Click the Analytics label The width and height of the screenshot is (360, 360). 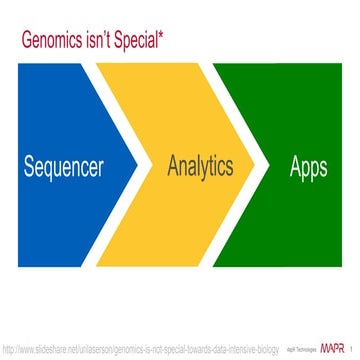tap(199, 165)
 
